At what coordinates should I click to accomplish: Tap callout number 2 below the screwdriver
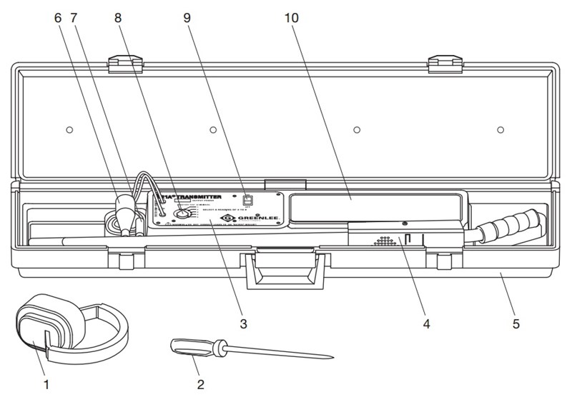click(201, 385)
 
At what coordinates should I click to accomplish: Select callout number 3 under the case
click(243, 324)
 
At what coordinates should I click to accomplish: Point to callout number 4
click(426, 324)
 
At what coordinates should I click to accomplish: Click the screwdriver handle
click(193, 348)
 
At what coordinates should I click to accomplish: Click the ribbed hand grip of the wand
click(507, 226)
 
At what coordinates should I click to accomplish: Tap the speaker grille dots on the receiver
click(385, 241)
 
